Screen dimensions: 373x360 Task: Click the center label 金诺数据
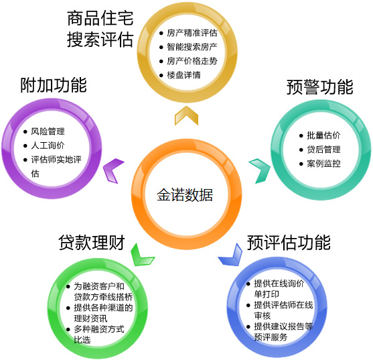pyautogui.click(x=185, y=195)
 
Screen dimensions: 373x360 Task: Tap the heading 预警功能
pyautogui.click(x=319, y=87)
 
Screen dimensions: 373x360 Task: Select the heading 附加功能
pyautogui.click(x=54, y=85)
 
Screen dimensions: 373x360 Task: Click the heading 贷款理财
pyautogui.click(x=92, y=243)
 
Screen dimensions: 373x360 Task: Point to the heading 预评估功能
pyautogui.click(x=289, y=243)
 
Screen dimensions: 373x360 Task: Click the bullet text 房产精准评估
pyautogui.click(x=192, y=33)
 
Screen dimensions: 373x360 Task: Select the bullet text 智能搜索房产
pyautogui.click(x=192, y=47)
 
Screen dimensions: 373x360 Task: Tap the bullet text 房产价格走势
pyautogui.click(x=192, y=61)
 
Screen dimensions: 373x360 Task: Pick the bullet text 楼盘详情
pyautogui.click(x=183, y=75)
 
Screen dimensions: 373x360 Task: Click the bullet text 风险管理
pyautogui.click(x=48, y=131)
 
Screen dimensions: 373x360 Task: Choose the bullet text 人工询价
pyautogui.click(x=48, y=145)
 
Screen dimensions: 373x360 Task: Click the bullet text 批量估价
pyautogui.click(x=323, y=135)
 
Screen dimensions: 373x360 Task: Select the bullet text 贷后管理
pyautogui.click(x=323, y=149)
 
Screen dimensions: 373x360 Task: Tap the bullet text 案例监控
pyautogui.click(x=323, y=164)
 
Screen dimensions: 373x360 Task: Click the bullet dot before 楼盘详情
pyautogui.click(x=161, y=76)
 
